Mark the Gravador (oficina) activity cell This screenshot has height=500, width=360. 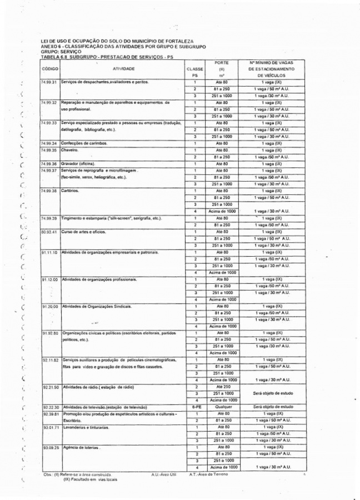79,163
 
